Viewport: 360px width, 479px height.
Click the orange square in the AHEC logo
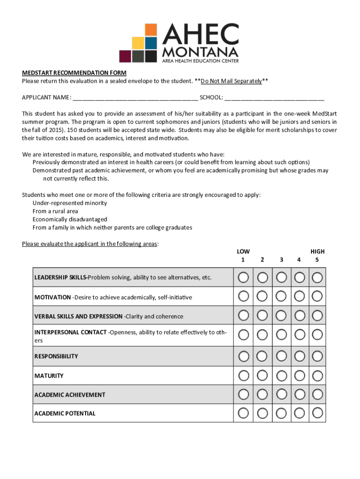(151, 30)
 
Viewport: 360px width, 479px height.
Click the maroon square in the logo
(125, 56)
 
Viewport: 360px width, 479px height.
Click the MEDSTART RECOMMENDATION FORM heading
(74, 73)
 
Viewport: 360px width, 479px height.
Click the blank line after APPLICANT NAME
(135, 98)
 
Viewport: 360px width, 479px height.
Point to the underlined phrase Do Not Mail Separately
(231, 81)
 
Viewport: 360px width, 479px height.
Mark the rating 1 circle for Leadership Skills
(243, 277)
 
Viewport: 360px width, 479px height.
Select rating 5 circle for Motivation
(317, 296)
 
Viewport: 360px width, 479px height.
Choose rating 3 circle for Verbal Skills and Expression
(281, 315)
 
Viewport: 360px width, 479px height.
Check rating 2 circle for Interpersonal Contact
(262, 334)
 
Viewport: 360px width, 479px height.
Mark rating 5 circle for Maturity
(317, 375)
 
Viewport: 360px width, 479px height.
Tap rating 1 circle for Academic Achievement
(243, 394)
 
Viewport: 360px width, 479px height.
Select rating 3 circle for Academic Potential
(281, 413)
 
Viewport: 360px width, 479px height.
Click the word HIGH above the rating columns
(317, 251)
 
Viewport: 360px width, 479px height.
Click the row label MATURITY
(49, 376)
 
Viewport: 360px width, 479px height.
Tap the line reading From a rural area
(55, 211)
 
